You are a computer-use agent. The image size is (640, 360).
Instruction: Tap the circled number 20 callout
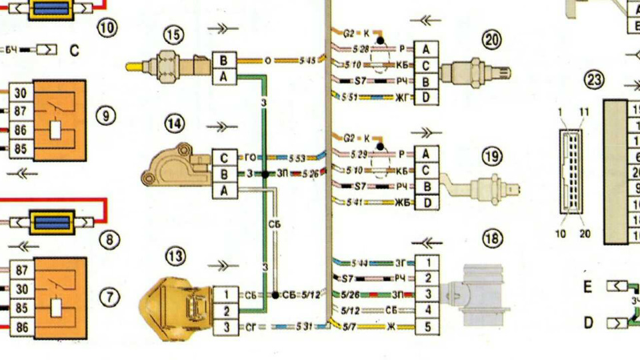(492, 40)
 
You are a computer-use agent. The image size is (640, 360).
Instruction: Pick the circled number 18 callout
(492, 239)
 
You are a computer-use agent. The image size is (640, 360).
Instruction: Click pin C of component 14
(225, 158)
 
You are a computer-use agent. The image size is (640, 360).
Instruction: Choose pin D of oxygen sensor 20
(425, 98)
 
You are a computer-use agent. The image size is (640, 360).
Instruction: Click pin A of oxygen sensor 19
(425, 154)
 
